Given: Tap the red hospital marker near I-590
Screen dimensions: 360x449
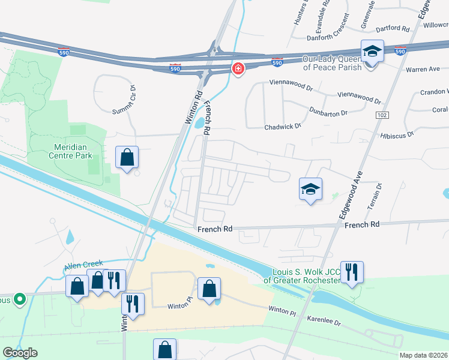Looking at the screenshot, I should point(238,70).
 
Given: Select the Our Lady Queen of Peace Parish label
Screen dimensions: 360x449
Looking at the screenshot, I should point(333,63).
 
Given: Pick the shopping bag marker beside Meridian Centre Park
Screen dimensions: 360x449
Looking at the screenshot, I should point(127,158).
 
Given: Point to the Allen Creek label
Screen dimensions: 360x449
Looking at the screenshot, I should point(84,263).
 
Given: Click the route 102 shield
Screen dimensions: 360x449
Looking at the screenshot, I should point(382,115).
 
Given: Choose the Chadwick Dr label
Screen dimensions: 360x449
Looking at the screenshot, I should point(283,126).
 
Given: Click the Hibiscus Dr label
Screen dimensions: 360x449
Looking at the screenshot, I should point(397,134).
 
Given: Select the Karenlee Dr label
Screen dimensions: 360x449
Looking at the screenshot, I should point(324,322).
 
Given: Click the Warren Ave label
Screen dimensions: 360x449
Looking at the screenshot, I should point(423,70).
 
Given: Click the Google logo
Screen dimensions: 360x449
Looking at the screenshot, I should point(20,353).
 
